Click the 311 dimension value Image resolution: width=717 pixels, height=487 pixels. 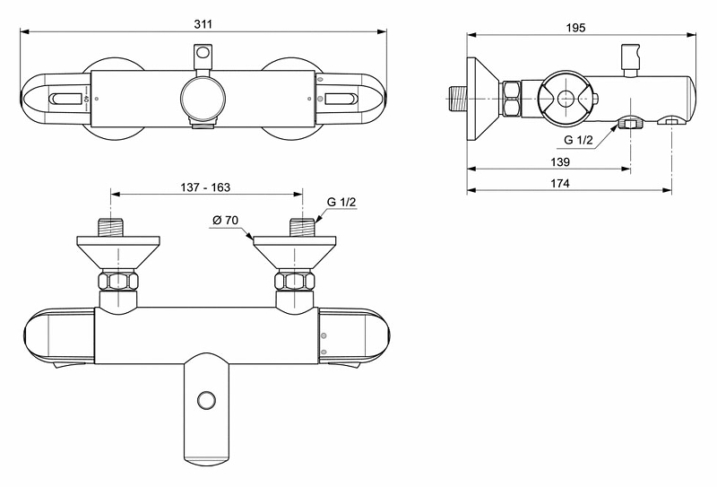point(203,24)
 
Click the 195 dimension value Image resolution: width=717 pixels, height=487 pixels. point(575,28)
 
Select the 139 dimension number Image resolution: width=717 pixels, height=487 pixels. point(560,161)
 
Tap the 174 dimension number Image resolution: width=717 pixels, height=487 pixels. point(560,183)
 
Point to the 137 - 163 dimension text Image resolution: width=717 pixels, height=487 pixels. point(205,187)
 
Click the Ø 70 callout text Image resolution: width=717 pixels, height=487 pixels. point(226,220)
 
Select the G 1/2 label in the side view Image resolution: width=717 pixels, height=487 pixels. point(578,140)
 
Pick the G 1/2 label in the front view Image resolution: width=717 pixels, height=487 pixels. point(341,202)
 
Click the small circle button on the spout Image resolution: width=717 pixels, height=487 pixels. point(206,401)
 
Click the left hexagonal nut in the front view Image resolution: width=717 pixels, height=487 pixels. point(118,281)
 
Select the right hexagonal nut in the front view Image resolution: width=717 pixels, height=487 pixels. point(295,281)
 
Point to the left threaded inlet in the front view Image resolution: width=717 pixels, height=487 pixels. point(111,228)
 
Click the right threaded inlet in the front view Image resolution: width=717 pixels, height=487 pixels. point(302,228)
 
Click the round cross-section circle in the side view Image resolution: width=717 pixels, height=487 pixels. point(566,99)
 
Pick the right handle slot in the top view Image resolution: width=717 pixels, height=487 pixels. point(340,99)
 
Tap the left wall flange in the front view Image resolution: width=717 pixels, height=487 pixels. point(118,253)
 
